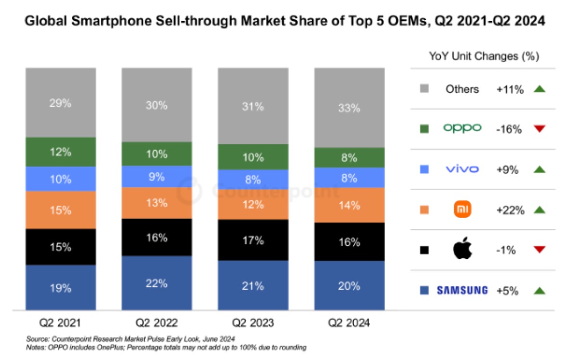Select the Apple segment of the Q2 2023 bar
tap(253, 240)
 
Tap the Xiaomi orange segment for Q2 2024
tap(349, 205)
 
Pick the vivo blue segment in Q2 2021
tap(60, 179)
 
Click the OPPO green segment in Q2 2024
tap(349, 158)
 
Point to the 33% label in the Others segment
tap(349, 108)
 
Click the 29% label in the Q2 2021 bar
tap(60, 103)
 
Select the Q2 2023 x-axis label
tap(253, 323)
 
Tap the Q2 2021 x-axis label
tap(60, 323)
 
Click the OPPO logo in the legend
tap(462, 128)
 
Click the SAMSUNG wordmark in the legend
tap(462, 290)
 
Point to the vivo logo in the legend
tap(462, 169)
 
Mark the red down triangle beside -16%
tap(539, 128)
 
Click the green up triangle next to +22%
tap(539, 209)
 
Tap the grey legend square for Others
tap(424, 89)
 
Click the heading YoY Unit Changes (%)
tap(484, 56)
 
